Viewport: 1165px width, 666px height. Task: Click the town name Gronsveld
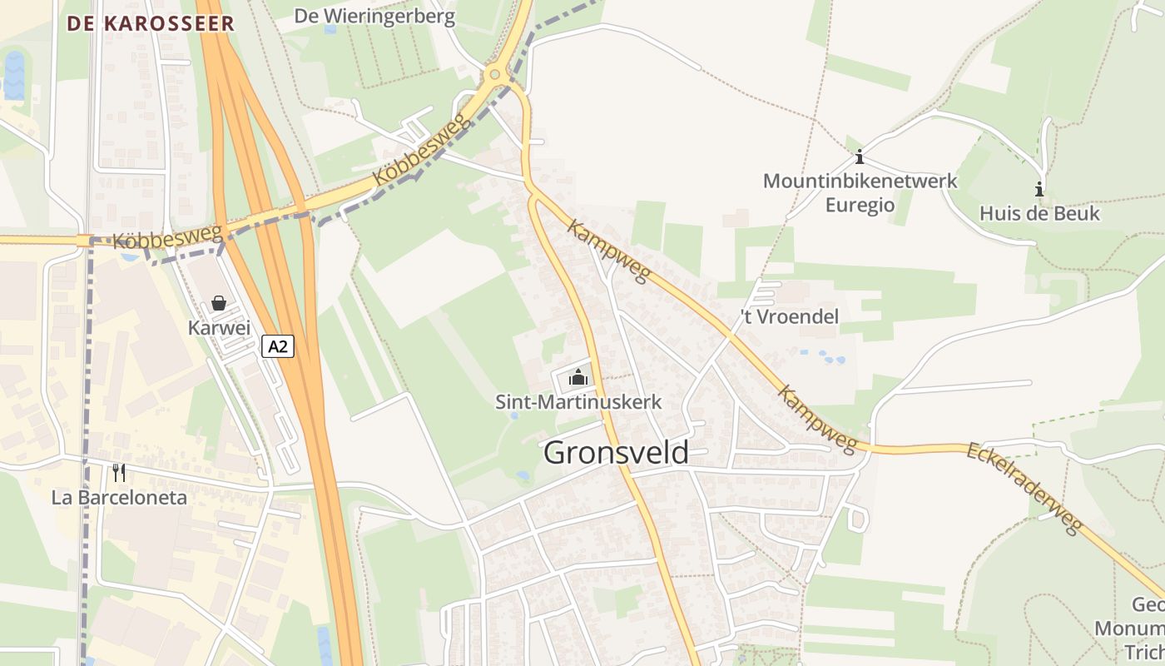616,453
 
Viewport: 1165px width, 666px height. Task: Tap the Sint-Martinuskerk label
578,402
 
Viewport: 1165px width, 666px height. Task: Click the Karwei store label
219,327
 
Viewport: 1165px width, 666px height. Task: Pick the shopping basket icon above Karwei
219,303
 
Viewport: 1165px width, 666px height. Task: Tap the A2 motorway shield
278,345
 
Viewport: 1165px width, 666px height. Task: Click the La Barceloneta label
119,498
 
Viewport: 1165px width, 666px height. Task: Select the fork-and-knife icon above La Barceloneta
119,473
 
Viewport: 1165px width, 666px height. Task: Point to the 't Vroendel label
790,317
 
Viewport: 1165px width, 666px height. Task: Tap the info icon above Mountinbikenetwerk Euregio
860,157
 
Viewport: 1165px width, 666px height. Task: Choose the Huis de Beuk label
1039,213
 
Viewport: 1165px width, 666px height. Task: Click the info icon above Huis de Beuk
1039,189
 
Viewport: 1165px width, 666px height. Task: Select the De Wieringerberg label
376,17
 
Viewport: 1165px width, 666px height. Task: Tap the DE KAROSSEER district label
151,23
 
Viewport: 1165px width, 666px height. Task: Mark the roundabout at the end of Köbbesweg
495,75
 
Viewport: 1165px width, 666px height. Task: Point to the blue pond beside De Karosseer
14,75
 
